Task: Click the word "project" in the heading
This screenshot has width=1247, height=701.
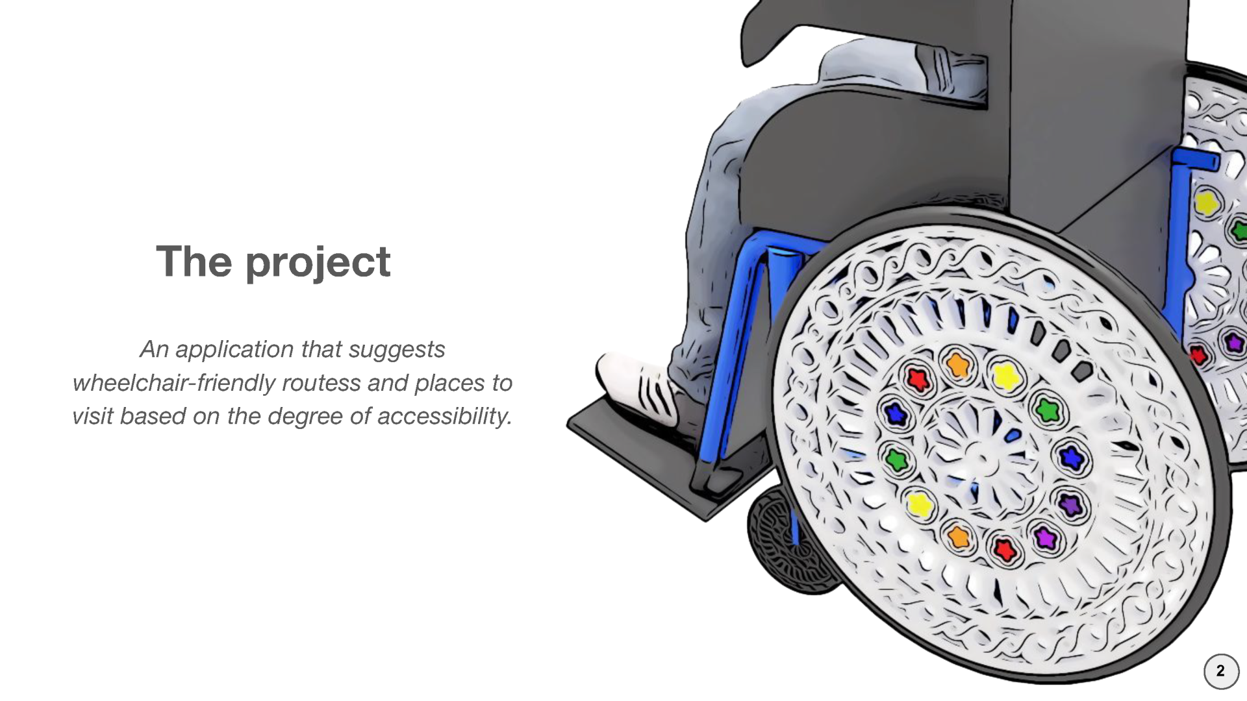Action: pyautogui.click(x=318, y=263)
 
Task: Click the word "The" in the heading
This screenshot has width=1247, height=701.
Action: pyautogui.click(x=194, y=261)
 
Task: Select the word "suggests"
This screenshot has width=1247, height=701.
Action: pyautogui.click(x=397, y=350)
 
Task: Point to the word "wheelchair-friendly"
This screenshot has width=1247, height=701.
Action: pyautogui.click(x=174, y=383)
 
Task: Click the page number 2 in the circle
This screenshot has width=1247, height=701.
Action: pyautogui.click(x=1221, y=671)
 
